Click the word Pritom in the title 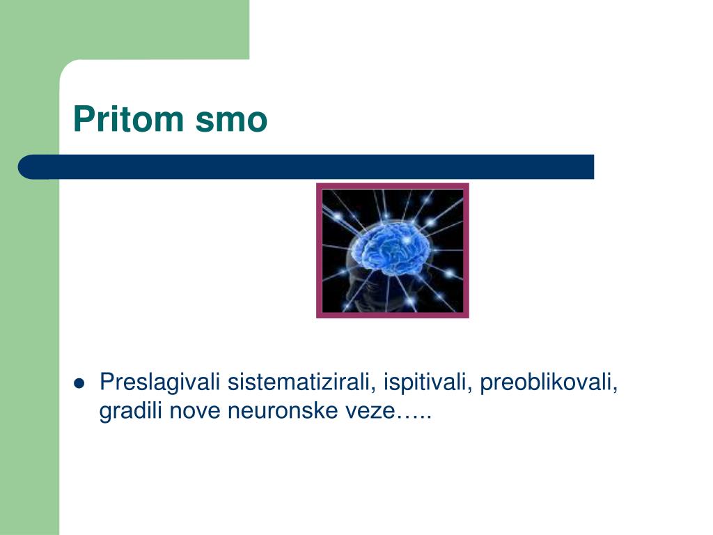pyautogui.click(x=128, y=119)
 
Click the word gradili pyautogui.click(x=130, y=411)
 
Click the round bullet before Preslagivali pyautogui.click(x=79, y=384)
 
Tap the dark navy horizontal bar pyautogui.click(x=306, y=167)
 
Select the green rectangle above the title pyautogui.click(x=125, y=29)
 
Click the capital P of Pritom pyautogui.click(x=83, y=119)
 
